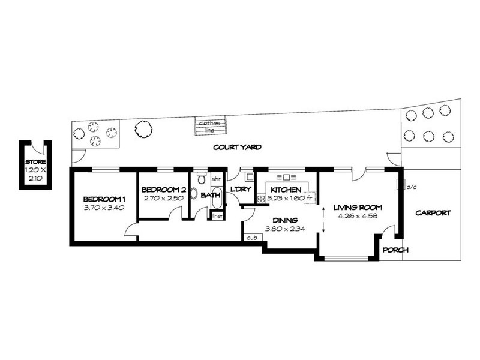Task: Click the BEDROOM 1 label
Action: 104,199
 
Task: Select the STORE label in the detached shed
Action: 35,162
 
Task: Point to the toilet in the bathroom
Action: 202,179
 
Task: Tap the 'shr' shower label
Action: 217,179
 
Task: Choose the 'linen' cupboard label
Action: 217,215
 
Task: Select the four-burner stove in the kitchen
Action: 262,198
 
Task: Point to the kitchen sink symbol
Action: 284,177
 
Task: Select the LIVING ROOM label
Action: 358,208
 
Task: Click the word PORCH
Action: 396,250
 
